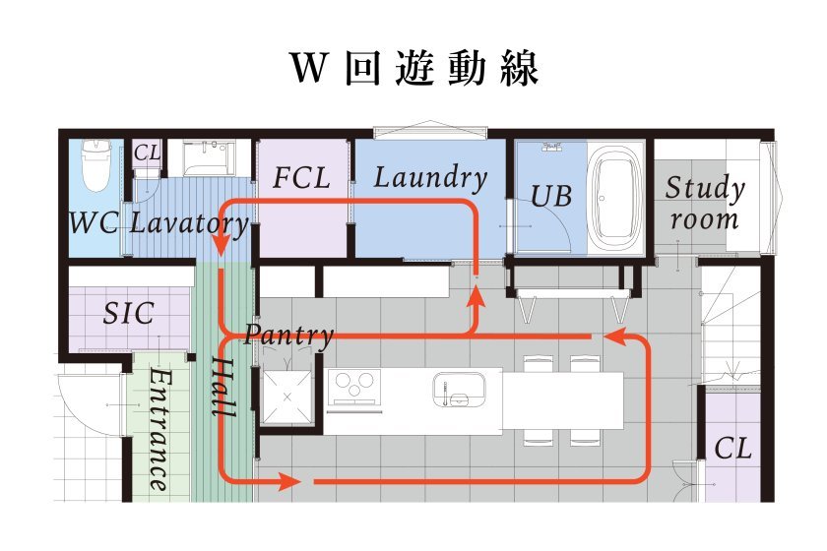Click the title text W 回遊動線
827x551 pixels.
414,69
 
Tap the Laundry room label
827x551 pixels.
430,178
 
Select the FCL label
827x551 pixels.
301,179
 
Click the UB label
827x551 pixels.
551,196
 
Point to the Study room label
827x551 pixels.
704,202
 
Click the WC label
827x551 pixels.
94,222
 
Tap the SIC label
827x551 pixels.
129,314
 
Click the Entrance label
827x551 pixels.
157,431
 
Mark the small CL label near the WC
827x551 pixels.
146,153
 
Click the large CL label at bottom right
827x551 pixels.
732,449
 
